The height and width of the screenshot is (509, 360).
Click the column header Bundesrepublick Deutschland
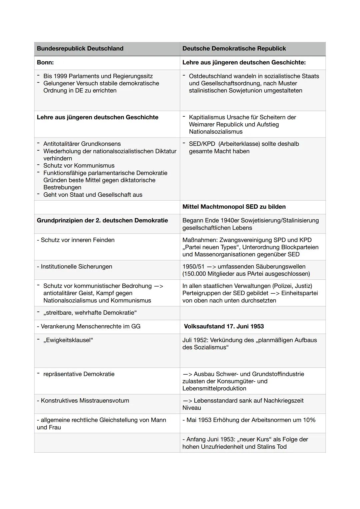pyautogui.click(x=80, y=49)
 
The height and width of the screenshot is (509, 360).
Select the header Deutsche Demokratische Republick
pyautogui.click(x=234, y=49)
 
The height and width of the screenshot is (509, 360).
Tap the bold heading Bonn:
pyautogui.click(x=45, y=63)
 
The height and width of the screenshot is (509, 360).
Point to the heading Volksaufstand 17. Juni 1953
pyautogui.click(x=224, y=327)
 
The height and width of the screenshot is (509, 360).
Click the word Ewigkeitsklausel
pyautogui.click(x=68, y=340)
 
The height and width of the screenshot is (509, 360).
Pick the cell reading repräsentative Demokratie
pyautogui.click(x=79, y=374)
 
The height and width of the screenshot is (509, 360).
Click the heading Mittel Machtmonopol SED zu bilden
pyautogui.click(x=234, y=207)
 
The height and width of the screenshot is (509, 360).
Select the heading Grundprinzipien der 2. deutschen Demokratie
pyautogui.click(x=102, y=221)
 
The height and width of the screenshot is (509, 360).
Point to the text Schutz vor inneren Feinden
pyautogui.click(x=77, y=240)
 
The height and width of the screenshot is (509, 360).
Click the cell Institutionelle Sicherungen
pyautogui.click(x=76, y=267)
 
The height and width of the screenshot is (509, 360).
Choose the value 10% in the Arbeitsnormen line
pyautogui.click(x=309, y=420)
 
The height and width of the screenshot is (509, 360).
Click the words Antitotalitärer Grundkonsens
pyautogui.click(x=82, y=144)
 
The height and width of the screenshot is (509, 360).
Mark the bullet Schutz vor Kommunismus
pyautogui.click(x=79, y=166)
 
